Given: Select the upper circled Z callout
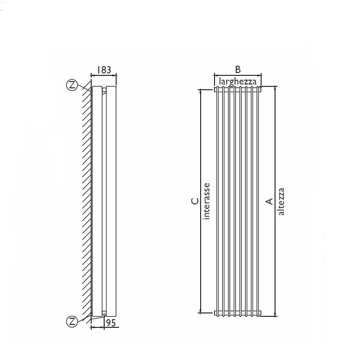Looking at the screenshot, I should pos(72,85).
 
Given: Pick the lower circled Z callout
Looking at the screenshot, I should pos(72,322).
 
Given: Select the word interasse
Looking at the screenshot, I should pos(206,201).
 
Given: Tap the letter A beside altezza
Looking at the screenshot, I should pos(270,202).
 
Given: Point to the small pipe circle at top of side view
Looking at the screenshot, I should pos(104,89).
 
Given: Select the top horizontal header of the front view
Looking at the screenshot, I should pos(238,89).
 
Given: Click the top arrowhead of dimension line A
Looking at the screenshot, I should pos(276,89).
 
